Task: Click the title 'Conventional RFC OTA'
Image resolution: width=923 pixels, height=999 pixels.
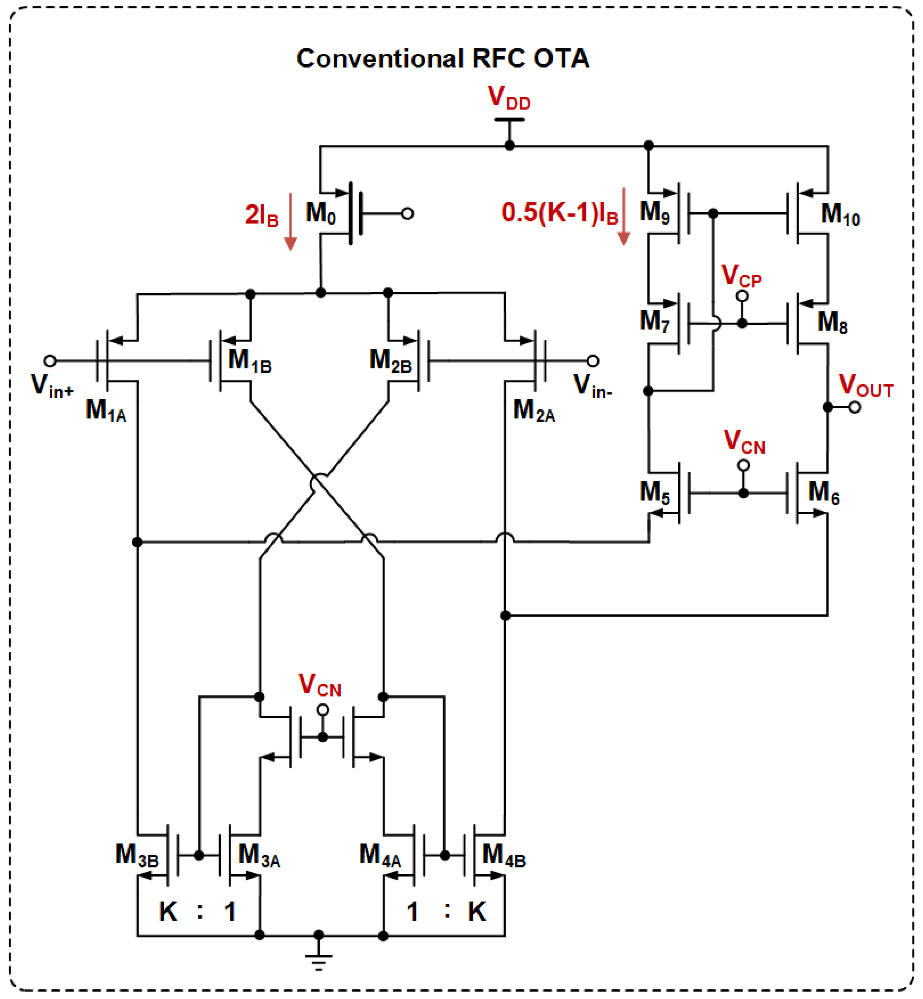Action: point(442,59)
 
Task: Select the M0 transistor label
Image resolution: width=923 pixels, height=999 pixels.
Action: point(321,214)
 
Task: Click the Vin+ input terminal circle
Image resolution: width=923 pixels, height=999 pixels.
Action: point(50,361)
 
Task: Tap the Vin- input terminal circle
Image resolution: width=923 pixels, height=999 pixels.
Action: point(592,361)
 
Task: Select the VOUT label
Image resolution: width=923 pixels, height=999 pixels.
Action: point(865,386)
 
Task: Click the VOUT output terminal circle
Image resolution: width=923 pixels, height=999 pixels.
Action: point(855,407)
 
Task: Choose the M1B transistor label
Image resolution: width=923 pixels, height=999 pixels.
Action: point(250,361)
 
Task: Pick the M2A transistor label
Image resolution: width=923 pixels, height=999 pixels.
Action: point(534,411)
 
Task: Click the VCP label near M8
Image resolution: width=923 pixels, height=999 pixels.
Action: point(741,276)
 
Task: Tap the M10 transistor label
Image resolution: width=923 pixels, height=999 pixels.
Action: point(840,215)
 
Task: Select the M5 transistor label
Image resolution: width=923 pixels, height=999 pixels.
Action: point(654,493)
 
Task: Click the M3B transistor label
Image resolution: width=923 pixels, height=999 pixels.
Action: point(137,855)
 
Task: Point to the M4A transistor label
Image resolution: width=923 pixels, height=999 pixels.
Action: point(379,855)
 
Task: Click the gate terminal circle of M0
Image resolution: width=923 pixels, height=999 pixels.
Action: point(407,214)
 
